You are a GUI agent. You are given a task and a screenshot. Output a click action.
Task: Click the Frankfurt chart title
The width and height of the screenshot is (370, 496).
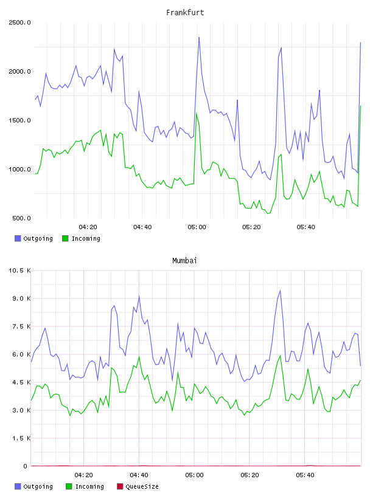click(x=185, y=13)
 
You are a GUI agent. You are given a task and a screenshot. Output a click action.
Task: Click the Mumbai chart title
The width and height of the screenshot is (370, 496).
click(x=184, y=261)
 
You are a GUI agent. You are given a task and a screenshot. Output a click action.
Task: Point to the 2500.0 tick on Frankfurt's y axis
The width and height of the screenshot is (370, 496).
click(x=19, y=22)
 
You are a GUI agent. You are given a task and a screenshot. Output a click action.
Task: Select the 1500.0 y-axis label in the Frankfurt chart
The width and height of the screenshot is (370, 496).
click(x=19, y=120)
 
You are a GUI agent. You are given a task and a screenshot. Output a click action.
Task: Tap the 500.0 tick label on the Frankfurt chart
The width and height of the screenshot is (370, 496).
click(x=21, y=218)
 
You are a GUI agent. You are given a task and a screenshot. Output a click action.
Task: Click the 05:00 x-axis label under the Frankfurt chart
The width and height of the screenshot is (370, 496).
click(x=197, y=227)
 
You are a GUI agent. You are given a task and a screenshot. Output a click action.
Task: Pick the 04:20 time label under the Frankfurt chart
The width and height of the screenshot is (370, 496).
click(x=88, y=227)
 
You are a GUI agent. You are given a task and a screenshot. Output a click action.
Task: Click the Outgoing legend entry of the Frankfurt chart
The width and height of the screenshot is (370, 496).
click(x=34, y=238)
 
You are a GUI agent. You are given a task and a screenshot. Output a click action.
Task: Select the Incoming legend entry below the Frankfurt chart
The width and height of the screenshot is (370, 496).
click(x=82, y=238)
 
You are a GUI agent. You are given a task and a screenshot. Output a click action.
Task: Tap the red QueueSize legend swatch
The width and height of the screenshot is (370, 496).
click(x=120, y=486)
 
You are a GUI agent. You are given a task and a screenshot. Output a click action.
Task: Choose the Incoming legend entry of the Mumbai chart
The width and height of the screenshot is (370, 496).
click(x=85, y=486)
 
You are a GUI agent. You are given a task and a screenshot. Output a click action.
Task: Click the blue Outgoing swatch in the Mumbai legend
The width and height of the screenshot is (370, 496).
click(x=18, y=486)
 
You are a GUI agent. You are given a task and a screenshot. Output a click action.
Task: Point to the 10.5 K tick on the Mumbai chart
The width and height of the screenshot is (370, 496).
click(x=19, y=270)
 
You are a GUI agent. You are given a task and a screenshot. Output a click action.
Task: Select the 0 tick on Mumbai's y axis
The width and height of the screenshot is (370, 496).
click(x=26, y=466)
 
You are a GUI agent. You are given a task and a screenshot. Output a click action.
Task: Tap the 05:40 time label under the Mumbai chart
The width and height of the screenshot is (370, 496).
click(x=305, y=475)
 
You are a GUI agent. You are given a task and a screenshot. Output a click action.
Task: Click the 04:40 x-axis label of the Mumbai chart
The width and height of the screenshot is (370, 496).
click(x=139, y=475)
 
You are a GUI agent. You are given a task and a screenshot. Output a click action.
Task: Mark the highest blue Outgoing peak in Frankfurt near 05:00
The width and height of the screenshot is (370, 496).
click(x=199, y=37)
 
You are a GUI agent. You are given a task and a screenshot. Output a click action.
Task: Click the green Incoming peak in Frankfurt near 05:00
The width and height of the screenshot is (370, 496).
click(x=197, y=113)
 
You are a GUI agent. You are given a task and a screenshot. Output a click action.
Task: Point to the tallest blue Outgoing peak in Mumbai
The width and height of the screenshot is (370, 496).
click(x=280, y=291)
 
